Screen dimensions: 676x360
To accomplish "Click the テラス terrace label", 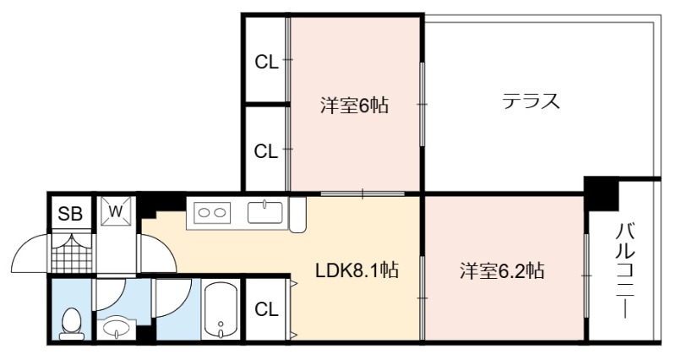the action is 531,101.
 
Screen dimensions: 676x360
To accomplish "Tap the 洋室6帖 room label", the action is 354,105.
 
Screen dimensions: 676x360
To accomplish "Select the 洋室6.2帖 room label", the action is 502,270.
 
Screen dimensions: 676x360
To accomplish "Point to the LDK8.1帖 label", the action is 357,270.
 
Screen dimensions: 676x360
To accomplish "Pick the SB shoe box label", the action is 70,214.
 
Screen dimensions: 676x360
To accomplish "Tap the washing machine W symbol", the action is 116,211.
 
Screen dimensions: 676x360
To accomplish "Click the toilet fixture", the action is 72,323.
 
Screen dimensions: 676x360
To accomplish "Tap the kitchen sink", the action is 265,213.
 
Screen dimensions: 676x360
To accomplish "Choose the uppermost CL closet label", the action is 266,63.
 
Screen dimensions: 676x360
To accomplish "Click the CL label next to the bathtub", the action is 266,309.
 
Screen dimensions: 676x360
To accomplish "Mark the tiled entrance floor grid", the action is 72,254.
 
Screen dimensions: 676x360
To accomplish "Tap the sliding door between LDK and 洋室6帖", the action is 363,194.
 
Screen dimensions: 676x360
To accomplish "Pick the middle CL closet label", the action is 266,151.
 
